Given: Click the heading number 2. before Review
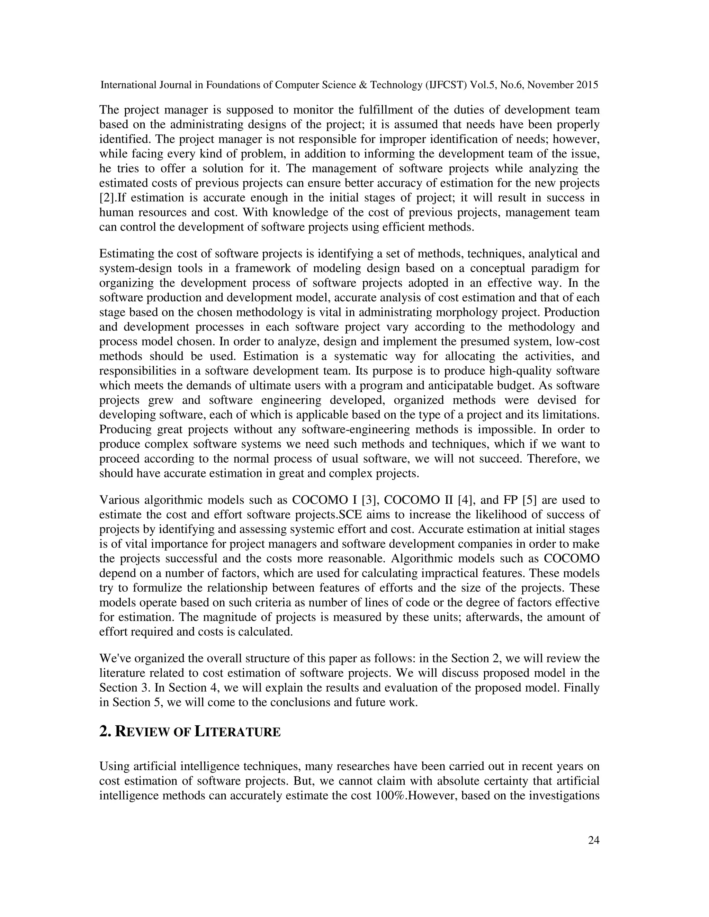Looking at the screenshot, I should coord(105,732).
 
